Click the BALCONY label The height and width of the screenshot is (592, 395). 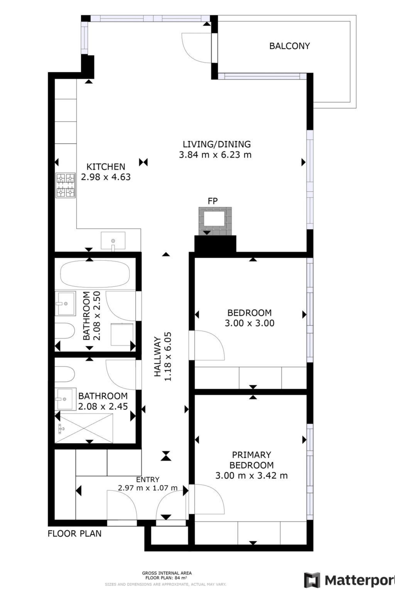click(x=289, y=46)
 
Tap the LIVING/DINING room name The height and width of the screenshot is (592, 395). click(x=217, y=144)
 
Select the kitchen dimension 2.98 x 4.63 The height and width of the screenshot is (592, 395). click(x=106, y=177)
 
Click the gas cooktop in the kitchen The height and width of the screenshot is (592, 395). click(x=65, y=185)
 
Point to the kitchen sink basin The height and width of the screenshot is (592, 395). click(x=113, y=241)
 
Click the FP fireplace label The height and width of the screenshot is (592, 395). click(x=213, y=201)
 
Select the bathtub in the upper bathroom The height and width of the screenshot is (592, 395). click(x=95, y=274)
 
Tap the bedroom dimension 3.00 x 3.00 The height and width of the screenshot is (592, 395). click(x=249, y=323)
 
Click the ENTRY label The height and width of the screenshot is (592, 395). click(x=148, y=480)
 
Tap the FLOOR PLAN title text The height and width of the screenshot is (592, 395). click(x=74, y=534)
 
